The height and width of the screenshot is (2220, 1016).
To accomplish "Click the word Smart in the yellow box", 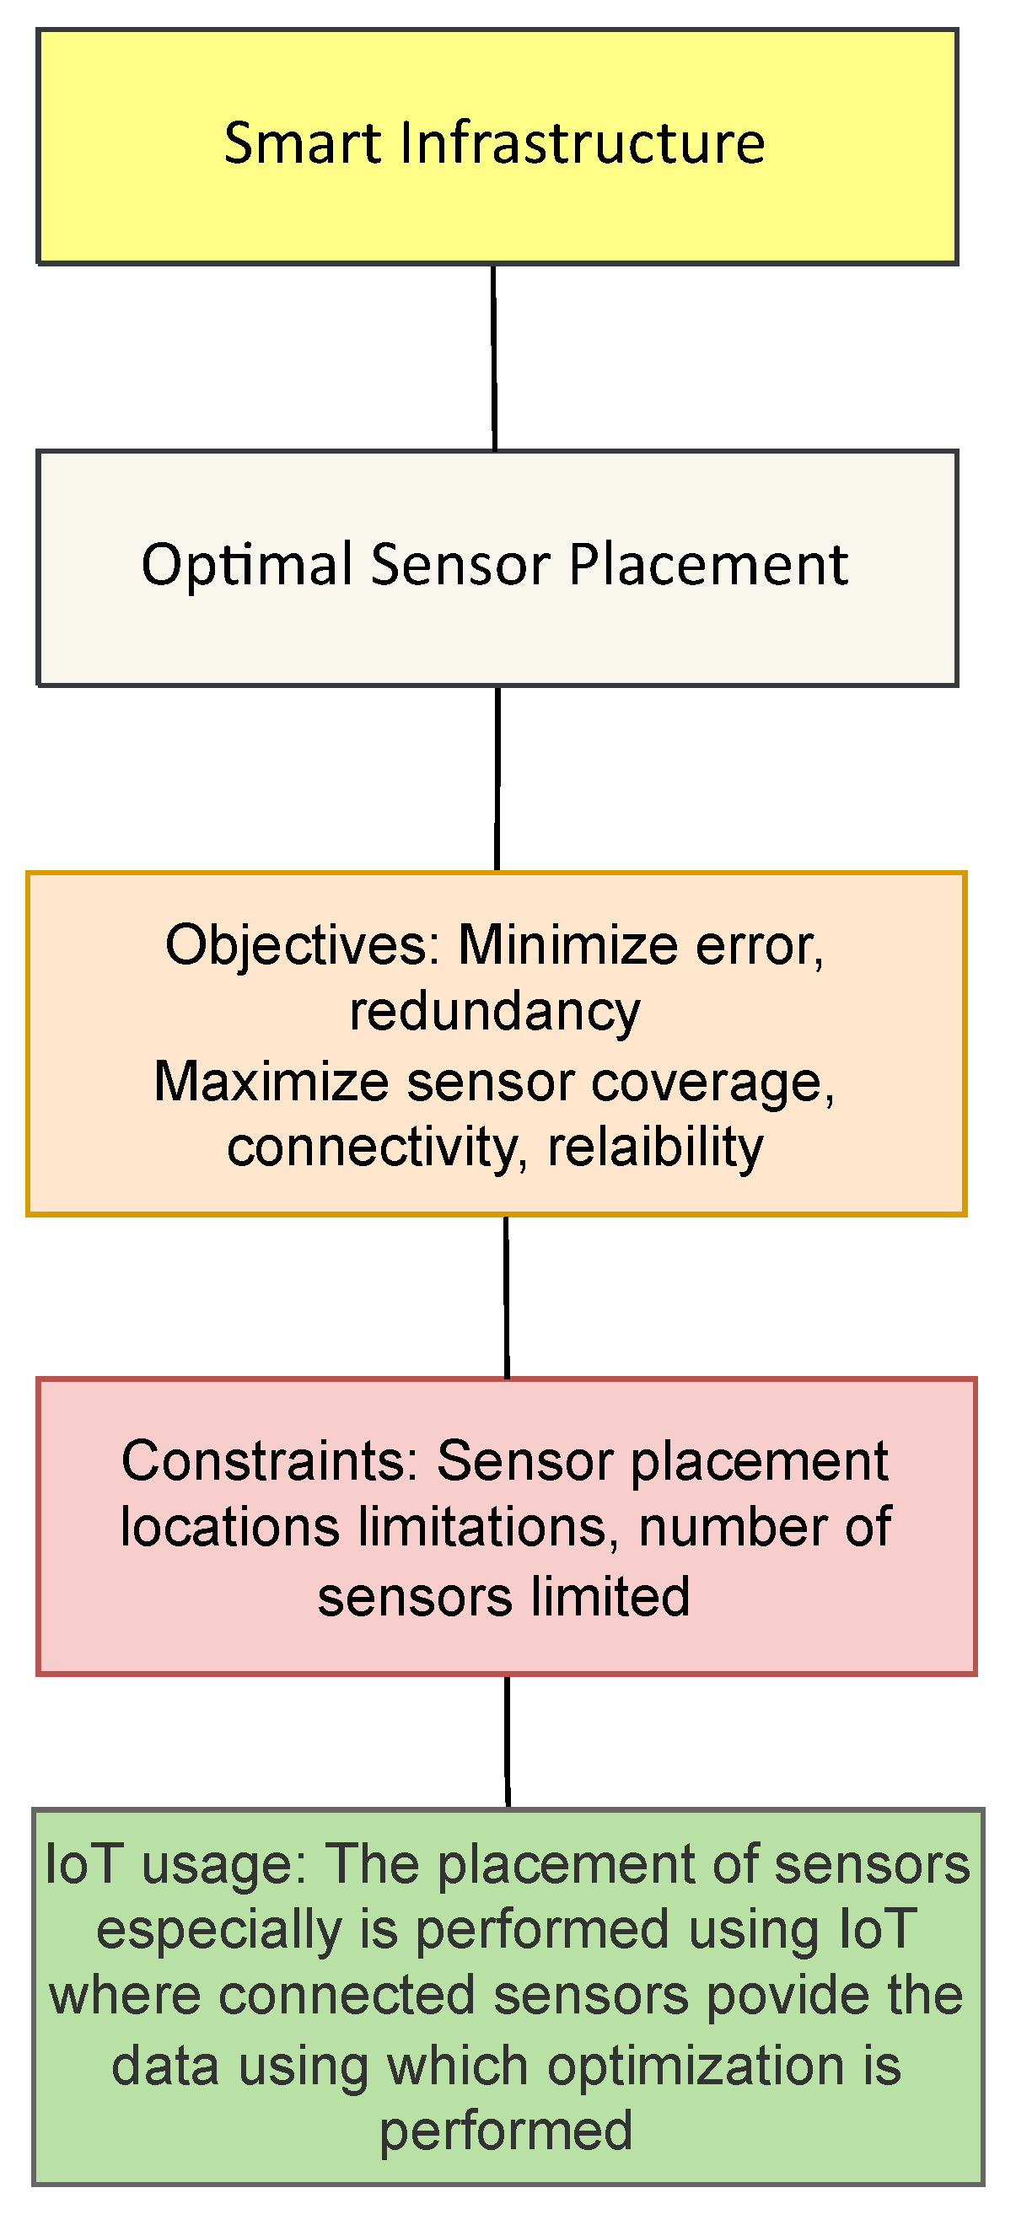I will (x=302, y=143).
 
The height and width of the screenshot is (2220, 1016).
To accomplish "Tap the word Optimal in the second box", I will (x=245, y=567).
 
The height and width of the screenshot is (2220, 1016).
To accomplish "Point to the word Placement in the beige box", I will (x=708, y=567).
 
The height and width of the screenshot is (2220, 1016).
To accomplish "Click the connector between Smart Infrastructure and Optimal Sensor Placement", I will (x=494, y=357).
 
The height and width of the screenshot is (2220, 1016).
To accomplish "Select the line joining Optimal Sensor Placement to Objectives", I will (x=497, y=778).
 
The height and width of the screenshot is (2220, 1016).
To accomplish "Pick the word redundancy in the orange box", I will (x=495, y=1012).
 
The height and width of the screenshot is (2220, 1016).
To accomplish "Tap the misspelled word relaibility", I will (x=656, y=1147).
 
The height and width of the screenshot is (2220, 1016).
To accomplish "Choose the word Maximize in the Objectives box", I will (x=271, y=1082).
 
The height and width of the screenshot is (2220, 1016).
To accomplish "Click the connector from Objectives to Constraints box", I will (x=506, y=1297).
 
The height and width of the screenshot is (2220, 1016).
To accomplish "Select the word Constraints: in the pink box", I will (x=270, y=1462).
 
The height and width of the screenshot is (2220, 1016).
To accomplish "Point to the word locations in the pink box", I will (x=230, y=1528).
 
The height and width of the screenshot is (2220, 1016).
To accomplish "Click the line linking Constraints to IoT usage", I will (x=507, y=1741).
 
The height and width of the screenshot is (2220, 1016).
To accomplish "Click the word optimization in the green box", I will (x=696, y=2067).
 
